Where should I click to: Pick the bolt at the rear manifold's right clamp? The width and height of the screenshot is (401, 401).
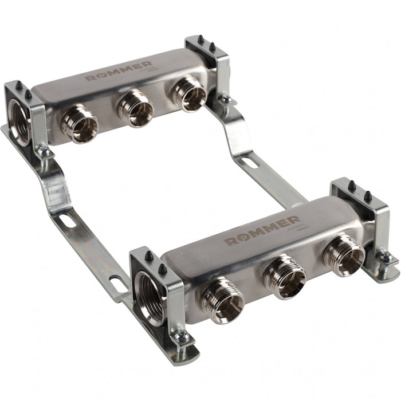coord(226,101)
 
